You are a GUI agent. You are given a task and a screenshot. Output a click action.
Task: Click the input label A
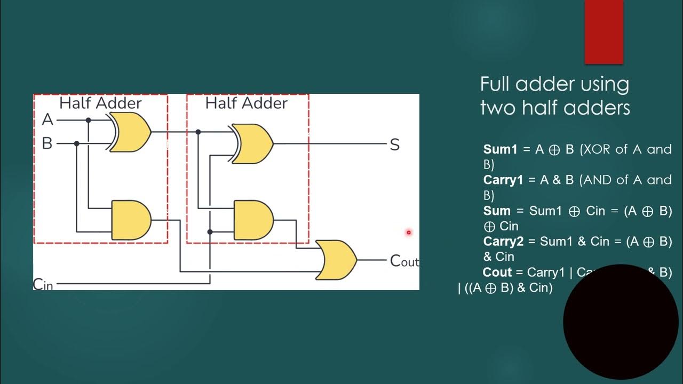tap(47, 120)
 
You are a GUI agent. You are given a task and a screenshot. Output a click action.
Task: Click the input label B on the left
tap(47, 143)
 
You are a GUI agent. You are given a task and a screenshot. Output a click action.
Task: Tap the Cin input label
tap(43, 284)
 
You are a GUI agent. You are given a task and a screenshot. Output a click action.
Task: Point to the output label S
tap(394, 145)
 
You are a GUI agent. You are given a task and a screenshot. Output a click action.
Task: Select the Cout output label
tap(404, 261)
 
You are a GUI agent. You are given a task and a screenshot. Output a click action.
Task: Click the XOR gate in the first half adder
tap(131, 132)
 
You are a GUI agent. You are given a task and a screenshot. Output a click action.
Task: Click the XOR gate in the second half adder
tap(253, 143)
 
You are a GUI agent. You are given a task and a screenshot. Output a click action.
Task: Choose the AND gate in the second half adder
tap(253, 220)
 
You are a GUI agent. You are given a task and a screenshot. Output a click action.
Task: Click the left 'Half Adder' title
tap(100, 103)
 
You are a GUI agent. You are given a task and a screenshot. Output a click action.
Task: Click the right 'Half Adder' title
tap(246, 103)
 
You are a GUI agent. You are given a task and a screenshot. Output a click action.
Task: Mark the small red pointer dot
tap(409, 233)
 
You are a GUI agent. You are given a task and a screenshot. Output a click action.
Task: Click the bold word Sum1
tap(501, 149)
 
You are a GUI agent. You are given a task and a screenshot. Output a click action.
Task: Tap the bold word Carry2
tap(503, 242)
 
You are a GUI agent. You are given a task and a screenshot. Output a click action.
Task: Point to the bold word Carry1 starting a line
tap(503, 180)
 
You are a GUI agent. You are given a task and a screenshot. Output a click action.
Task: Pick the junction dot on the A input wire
tap(89, 121)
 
